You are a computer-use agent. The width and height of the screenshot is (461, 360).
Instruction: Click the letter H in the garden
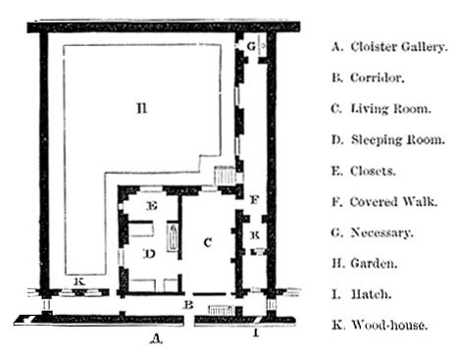(x=141, y=109)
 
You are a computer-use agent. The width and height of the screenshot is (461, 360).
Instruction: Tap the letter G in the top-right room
(x=251, y=46)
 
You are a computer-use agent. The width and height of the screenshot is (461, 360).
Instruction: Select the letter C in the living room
(x=206, y=241)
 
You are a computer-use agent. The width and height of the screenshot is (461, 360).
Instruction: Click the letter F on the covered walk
(x=254, y=201)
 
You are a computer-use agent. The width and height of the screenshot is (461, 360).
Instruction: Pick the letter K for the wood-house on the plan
(x=79, y=283)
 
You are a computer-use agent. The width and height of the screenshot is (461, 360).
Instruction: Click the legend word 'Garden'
(x=374, y=263)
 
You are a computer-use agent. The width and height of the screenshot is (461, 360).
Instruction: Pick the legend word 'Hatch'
(x=372, y=294)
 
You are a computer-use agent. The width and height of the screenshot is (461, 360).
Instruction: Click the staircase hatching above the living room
(x=226, y=177)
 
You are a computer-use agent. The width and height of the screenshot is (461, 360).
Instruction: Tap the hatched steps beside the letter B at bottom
(x=219, y=308)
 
